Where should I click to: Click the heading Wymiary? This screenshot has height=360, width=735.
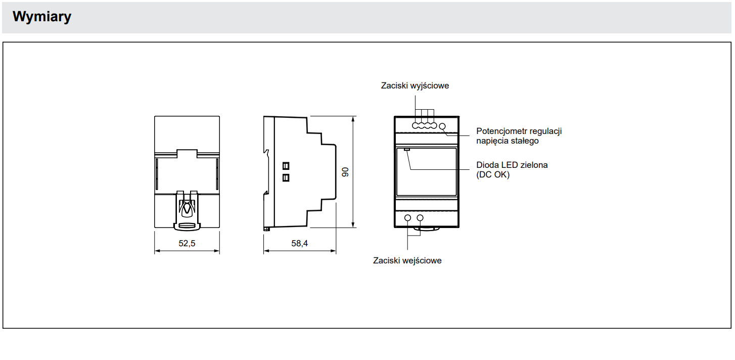click(x=41, y=17)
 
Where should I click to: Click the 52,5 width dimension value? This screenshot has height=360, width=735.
click(x=187, y=243)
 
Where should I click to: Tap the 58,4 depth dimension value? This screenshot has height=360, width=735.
click(x=300, y=243)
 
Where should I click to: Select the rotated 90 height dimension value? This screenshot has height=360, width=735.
click(x=345, y=172)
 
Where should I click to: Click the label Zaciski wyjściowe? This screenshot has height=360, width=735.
click(x=415, y=85)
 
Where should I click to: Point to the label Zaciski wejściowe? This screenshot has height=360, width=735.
click(x=407, y=260)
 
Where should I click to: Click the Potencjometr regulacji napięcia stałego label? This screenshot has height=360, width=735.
click(x=519, y=136)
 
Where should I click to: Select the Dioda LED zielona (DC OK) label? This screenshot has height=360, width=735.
click(x=512, y=170)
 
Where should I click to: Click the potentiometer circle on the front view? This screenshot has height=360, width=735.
click(x=442, y=126)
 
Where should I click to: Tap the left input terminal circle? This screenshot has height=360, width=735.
click(x=408, y=217)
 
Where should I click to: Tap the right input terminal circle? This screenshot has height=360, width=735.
click(x=420, y=217)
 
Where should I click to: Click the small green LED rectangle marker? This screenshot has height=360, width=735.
click(x=407, y=150)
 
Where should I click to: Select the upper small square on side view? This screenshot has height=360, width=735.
click(x=286, y=166)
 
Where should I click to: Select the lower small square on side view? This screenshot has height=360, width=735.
click(x=286, y=178)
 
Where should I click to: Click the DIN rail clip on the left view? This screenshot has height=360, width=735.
click(x=187, y=210)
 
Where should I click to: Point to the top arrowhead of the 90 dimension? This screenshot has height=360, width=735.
click(x=353, y=119)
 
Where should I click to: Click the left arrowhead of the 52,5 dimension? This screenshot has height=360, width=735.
click(x=157, y=251)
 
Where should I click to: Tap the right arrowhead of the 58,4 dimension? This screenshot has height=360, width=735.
click(x=333, y=251)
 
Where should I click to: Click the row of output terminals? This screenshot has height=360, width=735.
click(x=424, y=125)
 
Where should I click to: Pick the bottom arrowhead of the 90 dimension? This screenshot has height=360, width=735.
click(x=353, y=225)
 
